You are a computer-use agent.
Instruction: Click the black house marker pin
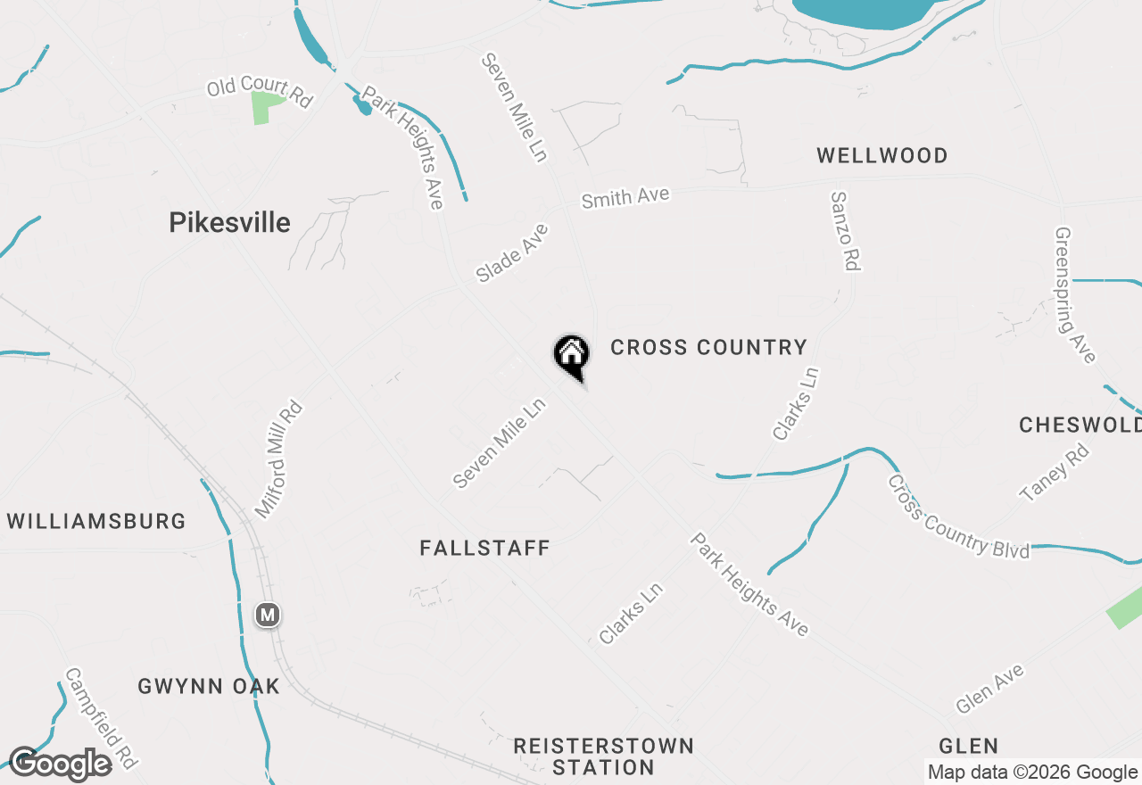tap(571, 354)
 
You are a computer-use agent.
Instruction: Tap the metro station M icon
tap(268, 615)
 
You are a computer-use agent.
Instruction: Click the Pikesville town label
tap(229, 222)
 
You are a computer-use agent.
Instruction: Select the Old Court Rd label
tap(260, 92)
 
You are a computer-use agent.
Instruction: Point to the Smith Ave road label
tap(625, 197)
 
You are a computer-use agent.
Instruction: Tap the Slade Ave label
tap(512, 253)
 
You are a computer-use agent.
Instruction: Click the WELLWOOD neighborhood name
tap(881, 156)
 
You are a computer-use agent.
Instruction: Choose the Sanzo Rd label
tap(844, 231)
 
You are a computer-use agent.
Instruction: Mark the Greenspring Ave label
tap(1074, 295)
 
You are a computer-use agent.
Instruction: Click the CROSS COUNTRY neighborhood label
tap(708, 347)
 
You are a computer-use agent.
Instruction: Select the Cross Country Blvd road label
tap(958, 516)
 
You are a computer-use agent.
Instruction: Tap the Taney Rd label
tap(1055, 473)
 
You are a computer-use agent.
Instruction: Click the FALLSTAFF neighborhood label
tap(484, 548)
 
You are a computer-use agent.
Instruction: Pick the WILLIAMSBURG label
tap(96, 521)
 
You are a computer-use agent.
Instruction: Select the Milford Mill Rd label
tap(279, 460)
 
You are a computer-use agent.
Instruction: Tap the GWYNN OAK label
tap(209, 686)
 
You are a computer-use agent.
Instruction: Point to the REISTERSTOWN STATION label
tap(603, 756)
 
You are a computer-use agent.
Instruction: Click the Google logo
tap(61, 764)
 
